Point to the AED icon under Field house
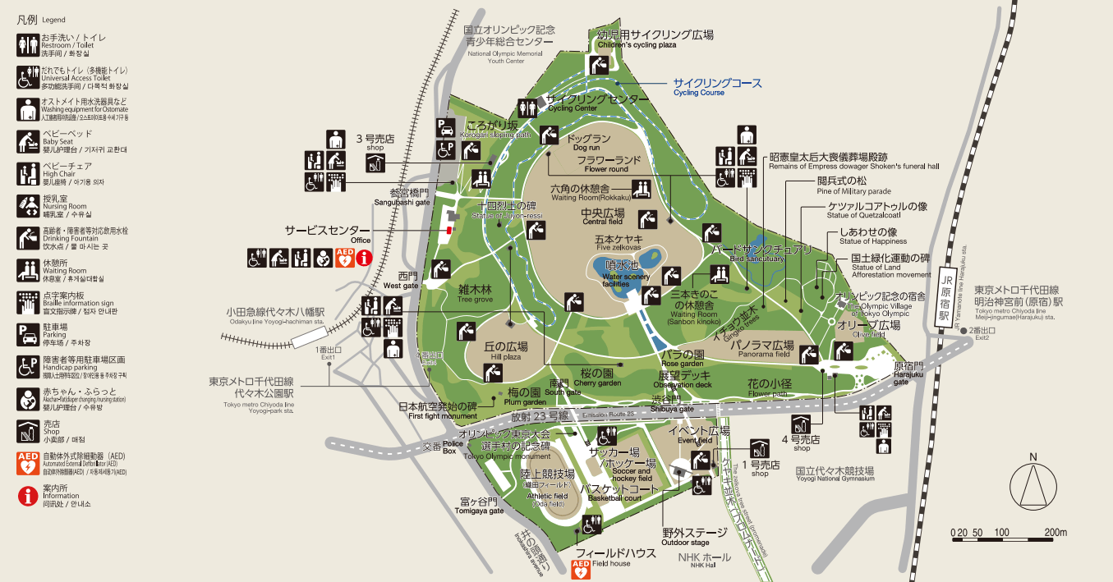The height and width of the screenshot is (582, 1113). [x=581, y=570]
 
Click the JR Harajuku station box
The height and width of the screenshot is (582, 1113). [x=945, y=296]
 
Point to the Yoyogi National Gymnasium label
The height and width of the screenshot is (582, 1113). [x=834, y=474]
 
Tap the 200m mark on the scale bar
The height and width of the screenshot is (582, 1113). [x=1055, y=533]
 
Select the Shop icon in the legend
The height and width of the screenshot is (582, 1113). [x=28, y=430]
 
